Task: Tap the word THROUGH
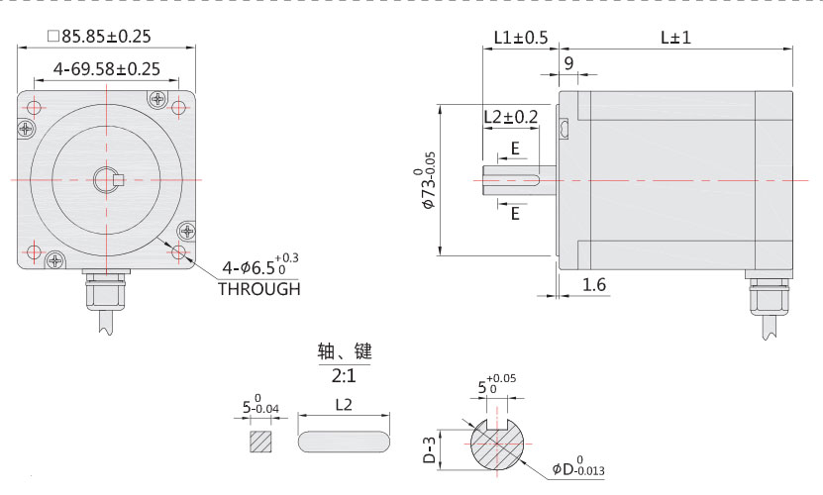pos(258,289)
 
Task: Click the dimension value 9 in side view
pos(568,62)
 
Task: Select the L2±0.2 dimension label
pos(510,117)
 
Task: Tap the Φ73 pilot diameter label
pos(428,179)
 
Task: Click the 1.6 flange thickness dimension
pos(594,285)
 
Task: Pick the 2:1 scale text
pos(344,376)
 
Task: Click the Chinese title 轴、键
pos(344,352)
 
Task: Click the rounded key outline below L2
pos(344,441)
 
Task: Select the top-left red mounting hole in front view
pos(34,107)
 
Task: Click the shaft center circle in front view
pos(106,179)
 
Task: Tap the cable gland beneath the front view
pos(105,292)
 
